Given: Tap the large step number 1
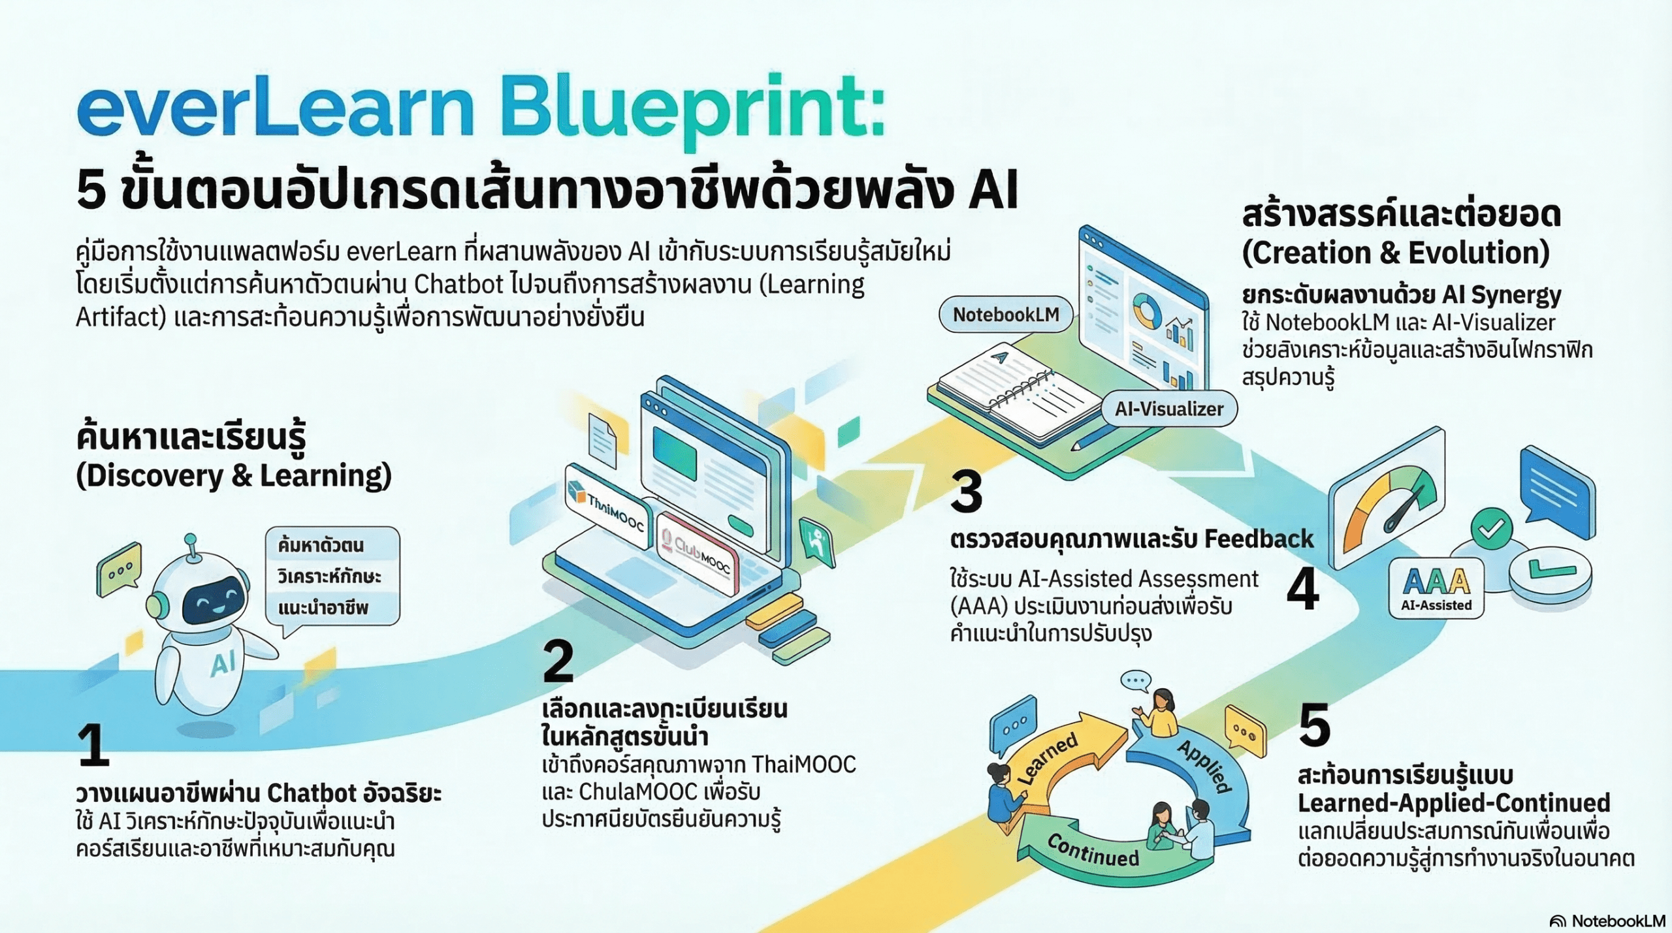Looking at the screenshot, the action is click(x=93, y=744).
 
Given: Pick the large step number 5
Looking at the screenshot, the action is click(x=1314, y=724).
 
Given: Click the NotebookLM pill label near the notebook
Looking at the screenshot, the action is click(x=1006, y=315).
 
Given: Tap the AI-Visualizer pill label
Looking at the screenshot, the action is click(x=1168, y=409).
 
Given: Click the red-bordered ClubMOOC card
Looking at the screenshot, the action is click(x=698, y=554).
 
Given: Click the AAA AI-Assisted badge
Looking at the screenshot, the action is click(x=1436, y=588).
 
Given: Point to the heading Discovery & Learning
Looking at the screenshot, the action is click(x=234, y=475).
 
